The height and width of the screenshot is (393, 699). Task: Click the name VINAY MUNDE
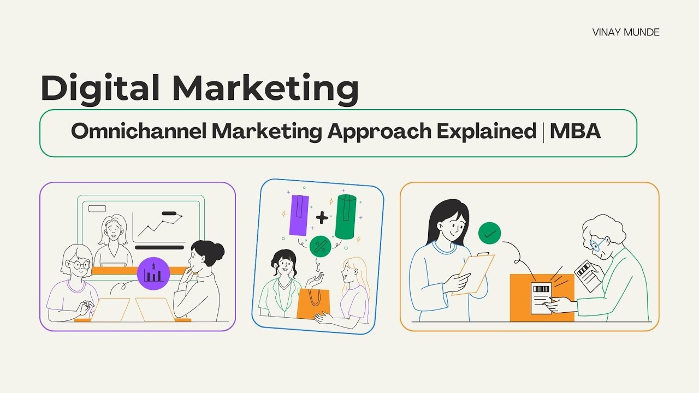click(x=625, y=32)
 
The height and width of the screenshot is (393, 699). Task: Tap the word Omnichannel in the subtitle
click(x=137, y=132)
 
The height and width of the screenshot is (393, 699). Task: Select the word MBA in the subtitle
click(x=575, y=132)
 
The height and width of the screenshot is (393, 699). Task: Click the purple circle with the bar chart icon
click(x=153, y=273)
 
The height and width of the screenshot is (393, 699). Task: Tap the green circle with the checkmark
click(x=489, y=234)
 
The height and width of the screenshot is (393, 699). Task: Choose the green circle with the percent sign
click(x=321, y=246)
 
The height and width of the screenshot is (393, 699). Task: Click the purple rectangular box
click(x=299, y=214)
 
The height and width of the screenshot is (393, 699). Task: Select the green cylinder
click(x=346, y=217)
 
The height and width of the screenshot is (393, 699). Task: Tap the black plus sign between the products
click(x=322, y=218)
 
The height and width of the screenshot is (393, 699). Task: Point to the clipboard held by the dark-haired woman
click(x=473, y=273)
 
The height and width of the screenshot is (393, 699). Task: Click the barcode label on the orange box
click(x=541, y=297)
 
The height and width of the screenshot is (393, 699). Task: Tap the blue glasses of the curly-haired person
click(x=597, y=244)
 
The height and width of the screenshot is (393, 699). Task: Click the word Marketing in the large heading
click(x=266, y=88)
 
